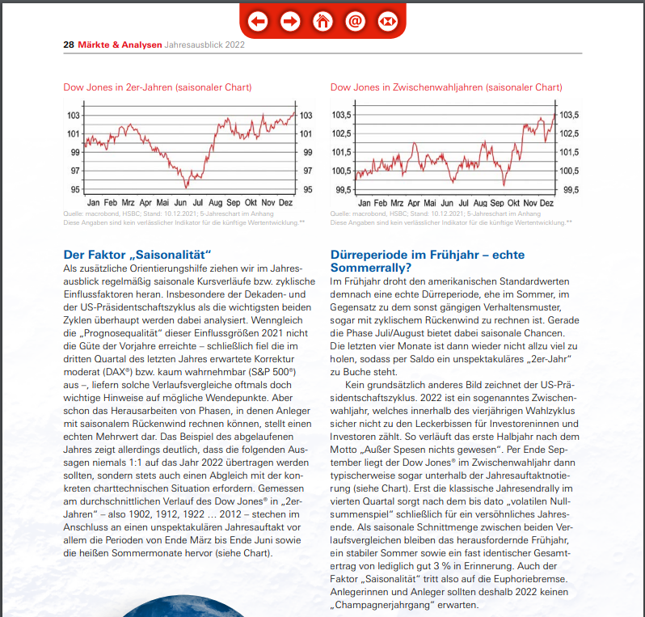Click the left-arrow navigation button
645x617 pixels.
[x=258, y=21]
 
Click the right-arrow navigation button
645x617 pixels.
[x=290, y=21]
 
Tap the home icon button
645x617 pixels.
[x=322, y=21]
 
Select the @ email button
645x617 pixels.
[x=355, y=21]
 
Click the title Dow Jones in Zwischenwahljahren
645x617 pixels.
[x=446, y=87]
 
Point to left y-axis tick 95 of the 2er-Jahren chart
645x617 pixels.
[x=74, y=189]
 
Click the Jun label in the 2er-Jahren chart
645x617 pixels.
[x=180, y=202]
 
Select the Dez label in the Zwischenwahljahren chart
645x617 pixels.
[x=546, y=202]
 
